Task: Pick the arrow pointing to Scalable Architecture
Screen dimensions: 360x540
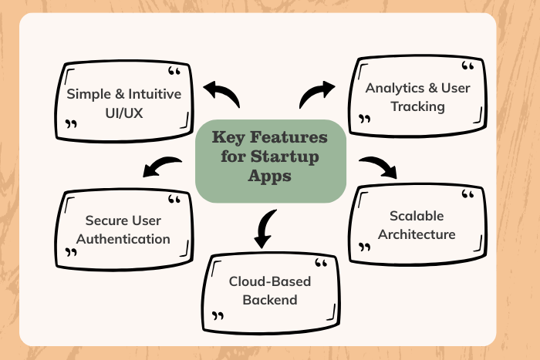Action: click(377, 165)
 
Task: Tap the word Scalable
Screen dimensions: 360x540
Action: click(417, 217)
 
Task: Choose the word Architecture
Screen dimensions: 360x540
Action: click(417, 234)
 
